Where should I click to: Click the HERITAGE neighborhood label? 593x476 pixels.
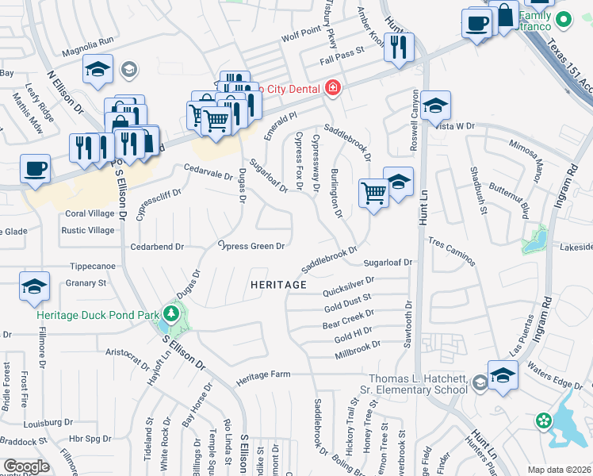pyautogui.click(x=278, y=284)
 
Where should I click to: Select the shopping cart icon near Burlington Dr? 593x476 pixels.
pyautogui.click(x=373, y=193)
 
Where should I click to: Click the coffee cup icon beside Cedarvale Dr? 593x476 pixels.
pyautogui.click(x=35, y=168)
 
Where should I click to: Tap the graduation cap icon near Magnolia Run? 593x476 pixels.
pyautogui.click(x=98, y=70)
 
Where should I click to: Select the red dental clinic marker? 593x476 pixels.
pyautogui.click(x=333, y=86)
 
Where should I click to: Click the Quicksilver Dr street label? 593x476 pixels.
pyautogui.click(x=348, y=279)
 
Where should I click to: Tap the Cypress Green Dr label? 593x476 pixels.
pyautogui.click(x=251, y=246)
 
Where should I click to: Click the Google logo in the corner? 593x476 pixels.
pyautogui.click(x=26, y=466)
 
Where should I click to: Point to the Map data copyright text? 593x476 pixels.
pyautogui.click(x=560, y=470)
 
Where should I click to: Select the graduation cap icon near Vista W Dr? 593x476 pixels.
pyautogui.click(x=434, y=105)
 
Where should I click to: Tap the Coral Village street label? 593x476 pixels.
pyautogui.click(x=90, y=213)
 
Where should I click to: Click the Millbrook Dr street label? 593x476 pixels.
pyautogui.click(x=358, y=344)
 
